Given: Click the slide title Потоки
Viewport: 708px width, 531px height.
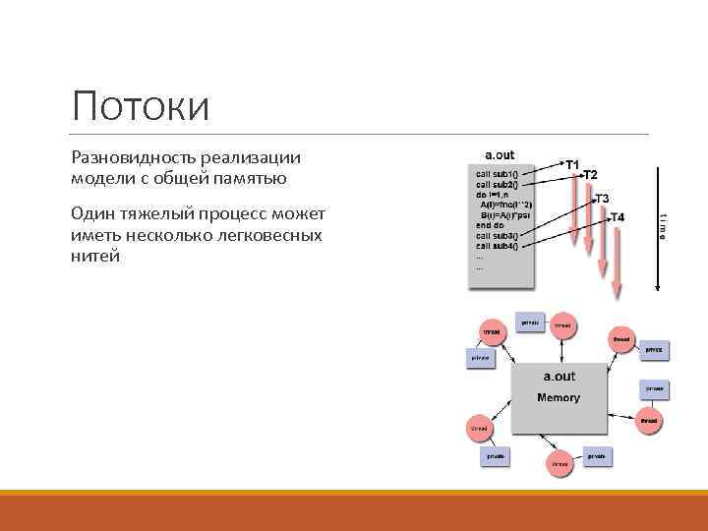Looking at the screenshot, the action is click(x=141, y=105).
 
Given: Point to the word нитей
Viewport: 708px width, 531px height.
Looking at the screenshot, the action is click(x=94, y=256).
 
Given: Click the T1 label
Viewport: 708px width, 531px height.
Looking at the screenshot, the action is click(x=571, y=163).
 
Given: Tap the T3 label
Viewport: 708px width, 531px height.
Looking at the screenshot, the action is click(x=601, y=199).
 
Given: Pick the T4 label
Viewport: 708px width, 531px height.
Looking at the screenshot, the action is click(x=619, y=217).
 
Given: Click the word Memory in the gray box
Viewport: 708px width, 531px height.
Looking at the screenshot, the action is click(x=558, y=398).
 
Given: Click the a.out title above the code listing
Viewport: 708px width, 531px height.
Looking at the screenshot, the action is click(x=501, y=155).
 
